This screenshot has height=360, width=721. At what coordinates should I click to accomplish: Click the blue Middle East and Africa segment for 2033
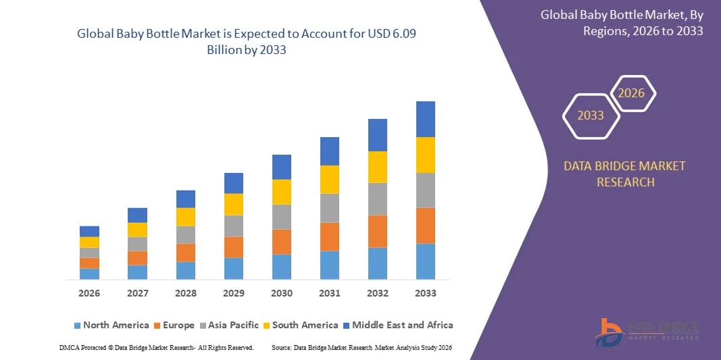(x=425, y=119)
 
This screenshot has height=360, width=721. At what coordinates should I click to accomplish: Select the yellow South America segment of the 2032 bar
(x=377, y=167)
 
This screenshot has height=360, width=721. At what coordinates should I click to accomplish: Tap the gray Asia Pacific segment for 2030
(x=281, y=217)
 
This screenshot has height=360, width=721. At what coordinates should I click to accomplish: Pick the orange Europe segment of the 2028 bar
(x=186, y=253)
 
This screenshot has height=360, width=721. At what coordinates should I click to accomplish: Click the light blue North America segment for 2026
(x=89, y=274)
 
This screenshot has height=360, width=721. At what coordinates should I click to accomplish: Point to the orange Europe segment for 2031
(x=329, y=236)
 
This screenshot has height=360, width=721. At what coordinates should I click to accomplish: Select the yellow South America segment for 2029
(x=234, y=205)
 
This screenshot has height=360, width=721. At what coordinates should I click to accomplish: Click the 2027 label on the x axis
(x=137, y=293)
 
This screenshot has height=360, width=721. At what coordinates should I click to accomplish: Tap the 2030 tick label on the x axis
(x=281, y=293)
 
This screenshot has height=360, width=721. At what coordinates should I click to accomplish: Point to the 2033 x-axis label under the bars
(x=425, y=293)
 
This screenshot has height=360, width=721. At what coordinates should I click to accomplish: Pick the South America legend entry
(x=302, y=325)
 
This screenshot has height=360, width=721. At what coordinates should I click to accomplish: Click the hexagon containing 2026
(x=632, y=93)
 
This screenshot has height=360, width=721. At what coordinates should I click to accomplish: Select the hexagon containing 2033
(x=591, y=115)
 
